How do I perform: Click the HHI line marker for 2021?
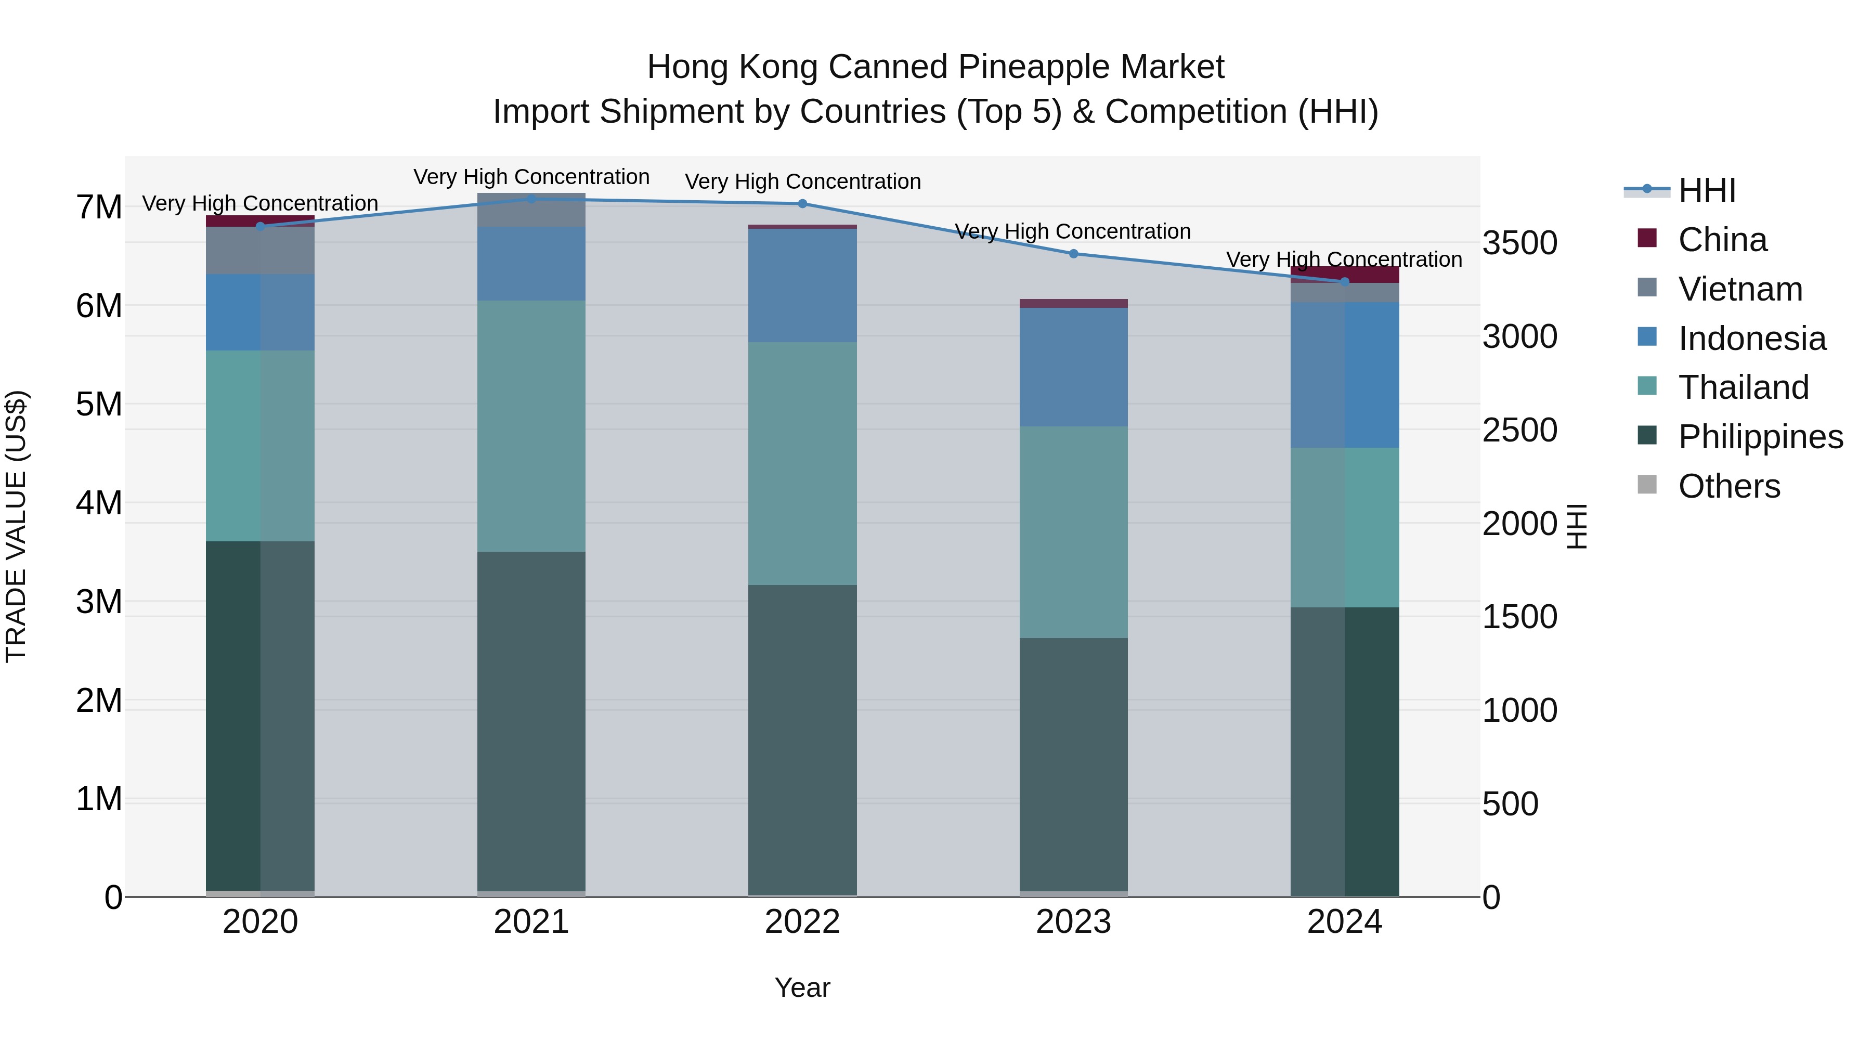click(531, 199)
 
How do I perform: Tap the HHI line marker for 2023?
click(1073, 254)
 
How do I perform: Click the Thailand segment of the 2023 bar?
click(1073, 531)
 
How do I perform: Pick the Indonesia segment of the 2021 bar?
click(531, 263)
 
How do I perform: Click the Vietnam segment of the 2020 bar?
click(260, 250)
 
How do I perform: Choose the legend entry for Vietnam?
click(1740, 289)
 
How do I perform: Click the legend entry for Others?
click(1729, 486)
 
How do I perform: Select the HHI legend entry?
click(1706, 190)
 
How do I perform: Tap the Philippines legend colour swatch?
click(1647, 436)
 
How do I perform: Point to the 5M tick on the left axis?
click(99, 404)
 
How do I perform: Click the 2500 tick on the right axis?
click(1519, 430)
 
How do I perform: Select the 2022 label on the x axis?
click(802, 922)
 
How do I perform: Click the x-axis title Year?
click(802, 987)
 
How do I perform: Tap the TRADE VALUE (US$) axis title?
click(16, 526)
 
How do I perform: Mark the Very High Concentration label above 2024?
click(1344, 259)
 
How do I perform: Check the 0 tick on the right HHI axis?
click(1491, 898)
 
